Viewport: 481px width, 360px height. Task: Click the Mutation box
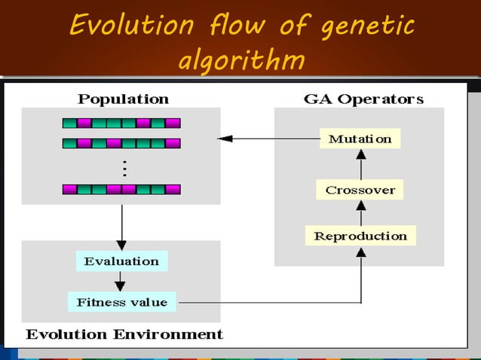click(360, 139)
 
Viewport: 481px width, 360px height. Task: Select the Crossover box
click(360, 190)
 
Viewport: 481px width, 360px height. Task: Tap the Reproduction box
click(360, 236)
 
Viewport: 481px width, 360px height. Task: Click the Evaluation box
click(121, 261)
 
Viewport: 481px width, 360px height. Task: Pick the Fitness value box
click(121, 302)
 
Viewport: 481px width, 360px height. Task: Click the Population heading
click(124, 99)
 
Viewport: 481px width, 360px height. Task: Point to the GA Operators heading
click(363, 99)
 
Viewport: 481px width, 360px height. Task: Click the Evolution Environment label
click(124, 334)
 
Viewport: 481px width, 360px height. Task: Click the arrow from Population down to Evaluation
click(121, 226)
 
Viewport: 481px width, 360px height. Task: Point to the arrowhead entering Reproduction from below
click(360, 252)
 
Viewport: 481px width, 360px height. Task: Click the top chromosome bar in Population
click(121, 123)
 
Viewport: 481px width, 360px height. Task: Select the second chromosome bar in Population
click(121, 142)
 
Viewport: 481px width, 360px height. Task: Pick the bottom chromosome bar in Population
click(121, 189)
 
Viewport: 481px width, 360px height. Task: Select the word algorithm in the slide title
click(240, 59)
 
